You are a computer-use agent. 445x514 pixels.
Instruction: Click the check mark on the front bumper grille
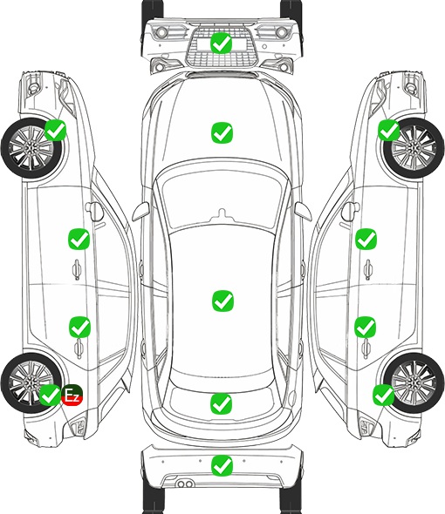click(x=222, y=43)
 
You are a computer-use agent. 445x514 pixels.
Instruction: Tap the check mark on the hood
click(x=222, y=132)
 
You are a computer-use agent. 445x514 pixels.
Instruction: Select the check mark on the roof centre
click(x=222, y=301)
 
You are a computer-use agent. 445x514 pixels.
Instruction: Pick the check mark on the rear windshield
click(x=222, y=403)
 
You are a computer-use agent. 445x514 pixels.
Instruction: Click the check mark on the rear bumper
click(x=222, y=465)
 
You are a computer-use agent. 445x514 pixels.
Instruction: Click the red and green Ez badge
click(x=72, y=395)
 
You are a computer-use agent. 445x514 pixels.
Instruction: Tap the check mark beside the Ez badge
click(x=50, y=395)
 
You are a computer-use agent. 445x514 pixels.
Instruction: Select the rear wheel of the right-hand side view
click(x=414, y=382)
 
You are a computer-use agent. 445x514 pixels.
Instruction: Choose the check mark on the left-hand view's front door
click(x=79, y=239)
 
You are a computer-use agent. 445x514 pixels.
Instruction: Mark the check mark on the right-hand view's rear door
click(x=366, y=327)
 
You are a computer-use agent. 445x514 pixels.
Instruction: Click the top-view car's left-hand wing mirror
click(x=140, y=212)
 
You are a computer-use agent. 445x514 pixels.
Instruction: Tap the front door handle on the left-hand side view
click(x=77, y=269)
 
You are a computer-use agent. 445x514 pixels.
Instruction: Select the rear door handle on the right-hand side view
click(x=366, y=348)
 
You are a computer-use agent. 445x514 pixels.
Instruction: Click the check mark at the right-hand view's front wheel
click(x=389, y=130)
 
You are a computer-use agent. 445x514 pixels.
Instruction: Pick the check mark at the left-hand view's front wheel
click(x=56, y=130)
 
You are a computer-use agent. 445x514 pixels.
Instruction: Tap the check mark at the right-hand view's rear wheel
click(x=383, y=395)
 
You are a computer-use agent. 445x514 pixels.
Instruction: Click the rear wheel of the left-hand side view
click(x=31, y=382)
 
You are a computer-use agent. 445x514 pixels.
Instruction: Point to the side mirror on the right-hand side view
click(x=351, y=212)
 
